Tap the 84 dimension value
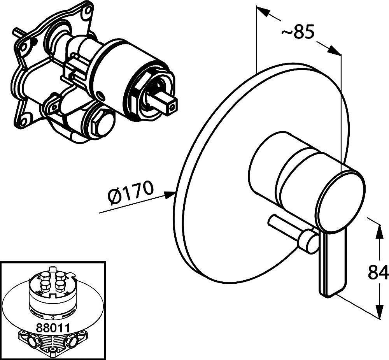point(378,272)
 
